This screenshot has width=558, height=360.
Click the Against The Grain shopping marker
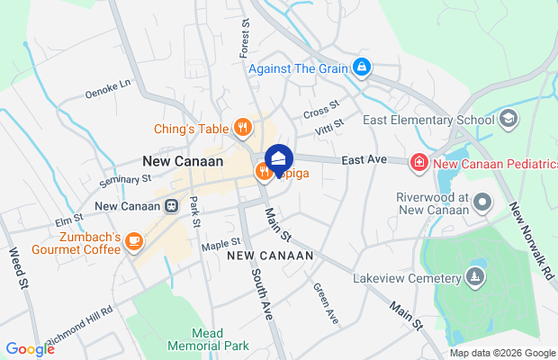pyautogui.click(x=361, y=67)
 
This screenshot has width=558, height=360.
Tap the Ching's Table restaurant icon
pyautogui.click(x=242, y=128)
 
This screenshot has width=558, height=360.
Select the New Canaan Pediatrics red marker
pyautogui.click(x=418, y=163)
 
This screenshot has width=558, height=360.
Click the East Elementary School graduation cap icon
pyautogui.click(x=508, y=120)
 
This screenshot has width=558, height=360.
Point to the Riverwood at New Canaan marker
pyautogui.click(x=484, y=203)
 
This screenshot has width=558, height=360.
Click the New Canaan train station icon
pyautogui.click(x=171, y=206)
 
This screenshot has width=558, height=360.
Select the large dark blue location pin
pyautogui.click(x=279, y=160)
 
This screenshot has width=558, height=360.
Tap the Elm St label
pyautogui.click(x=69, y=219)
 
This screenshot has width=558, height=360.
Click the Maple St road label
pyautogui.click(x=221, y=242)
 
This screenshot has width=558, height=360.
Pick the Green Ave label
pyautogui.click(x=325, y=303)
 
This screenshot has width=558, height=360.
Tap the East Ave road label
pyautogui.click(x=364, y=160)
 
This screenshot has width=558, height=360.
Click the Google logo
pyautogui.click(x=30, y=349)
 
